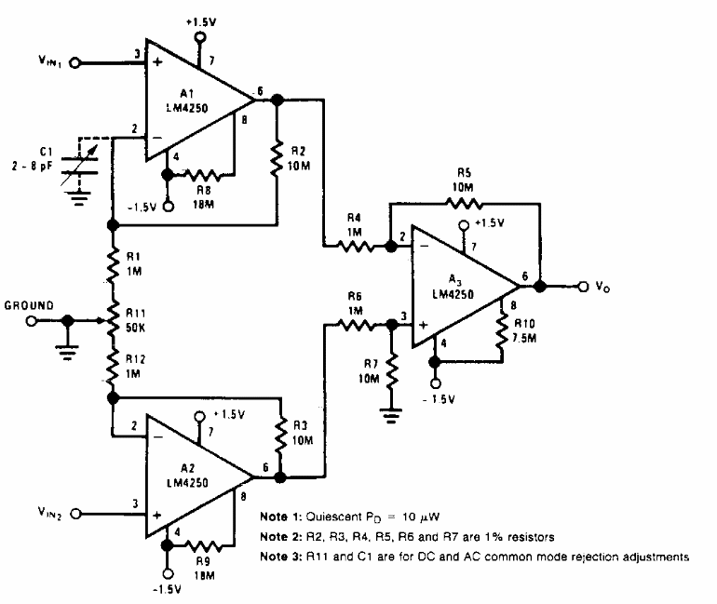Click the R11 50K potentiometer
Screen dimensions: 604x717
click(x=112, y=321)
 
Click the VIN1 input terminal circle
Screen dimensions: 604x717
click(x=74, y=63)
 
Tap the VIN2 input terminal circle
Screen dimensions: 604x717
click(x=75, y=514)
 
